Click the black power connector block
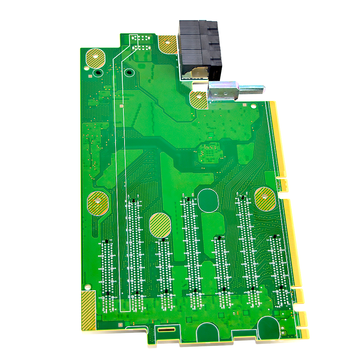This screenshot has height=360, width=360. pos(200,49)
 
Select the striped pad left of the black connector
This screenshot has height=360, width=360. pos(167,44)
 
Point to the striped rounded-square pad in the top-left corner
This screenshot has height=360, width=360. pos(95,58)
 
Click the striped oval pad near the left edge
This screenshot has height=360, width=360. pos(98,203)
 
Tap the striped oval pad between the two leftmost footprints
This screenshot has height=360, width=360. pos(159,225)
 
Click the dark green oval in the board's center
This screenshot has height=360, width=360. pos(208,200)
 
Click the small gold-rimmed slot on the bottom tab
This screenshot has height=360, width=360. pos(166,329)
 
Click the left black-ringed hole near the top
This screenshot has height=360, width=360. pos(97,73)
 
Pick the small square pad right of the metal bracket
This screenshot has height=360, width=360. pos(245,105)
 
